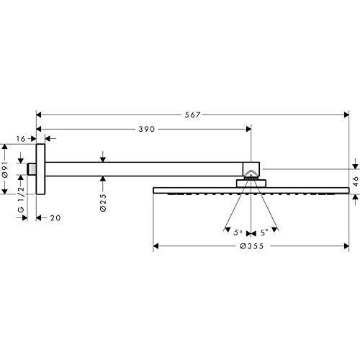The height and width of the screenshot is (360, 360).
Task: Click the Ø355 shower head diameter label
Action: [251, 248]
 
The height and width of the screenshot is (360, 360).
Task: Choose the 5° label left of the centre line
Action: [238, 232]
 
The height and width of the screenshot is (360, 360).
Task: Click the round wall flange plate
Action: [42, 168]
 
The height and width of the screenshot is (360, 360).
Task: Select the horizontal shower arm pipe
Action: [144, 168]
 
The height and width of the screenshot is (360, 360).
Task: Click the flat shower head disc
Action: [251, 190]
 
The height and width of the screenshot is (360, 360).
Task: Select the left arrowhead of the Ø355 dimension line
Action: [156, 248]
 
